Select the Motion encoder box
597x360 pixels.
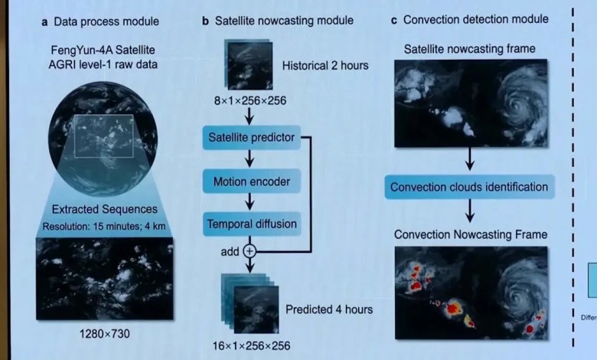coord(249,182)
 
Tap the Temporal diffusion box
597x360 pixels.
coord(249,224)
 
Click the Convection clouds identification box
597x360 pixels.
coord(469,187)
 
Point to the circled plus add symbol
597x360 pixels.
coord(250,250)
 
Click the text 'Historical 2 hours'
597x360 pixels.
coord(325,65)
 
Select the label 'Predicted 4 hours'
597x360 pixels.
coord(329,309)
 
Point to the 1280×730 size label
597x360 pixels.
coord(103,334)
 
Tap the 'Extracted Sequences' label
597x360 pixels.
coord(104,209)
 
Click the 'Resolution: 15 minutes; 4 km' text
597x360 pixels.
coord(103,226)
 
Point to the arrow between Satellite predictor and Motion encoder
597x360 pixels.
coord(249,160)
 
